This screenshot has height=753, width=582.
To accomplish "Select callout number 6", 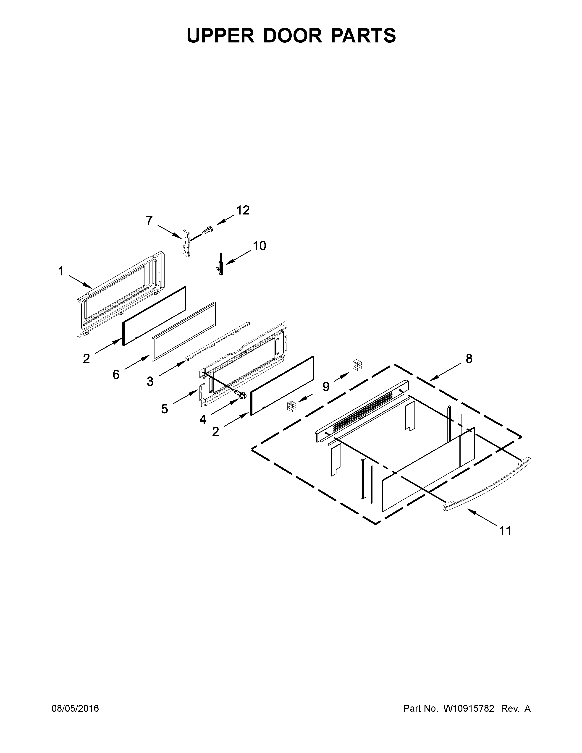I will coord(116,374).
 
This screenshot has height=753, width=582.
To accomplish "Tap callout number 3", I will coord(150,381).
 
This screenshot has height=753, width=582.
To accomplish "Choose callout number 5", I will coord(165,409).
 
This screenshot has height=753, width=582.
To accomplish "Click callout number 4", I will coord(203,419).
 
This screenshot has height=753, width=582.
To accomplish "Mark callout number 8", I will coord(469,359).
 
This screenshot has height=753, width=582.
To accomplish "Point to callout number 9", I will coord(326,387).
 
